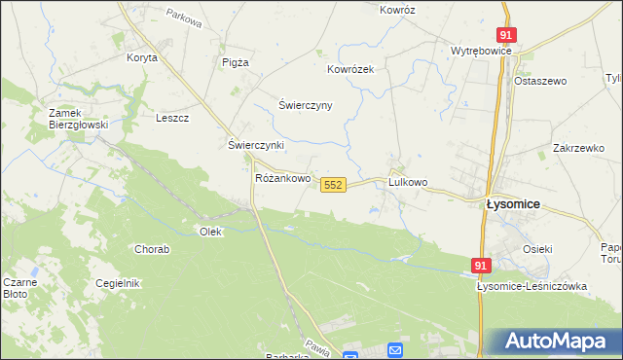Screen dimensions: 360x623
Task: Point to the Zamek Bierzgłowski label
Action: click(x=80, y=119)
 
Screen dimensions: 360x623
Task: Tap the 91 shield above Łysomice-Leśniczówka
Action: click(x=482, y=265)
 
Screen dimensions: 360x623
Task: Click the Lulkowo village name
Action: click(x=408, y=182)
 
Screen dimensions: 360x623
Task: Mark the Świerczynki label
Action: click(x=255, y=145)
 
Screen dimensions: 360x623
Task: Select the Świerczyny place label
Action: click(x=306, y=105)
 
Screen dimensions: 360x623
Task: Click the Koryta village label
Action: click(x=142, y=57)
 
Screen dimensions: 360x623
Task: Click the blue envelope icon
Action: click(x=395, y=349)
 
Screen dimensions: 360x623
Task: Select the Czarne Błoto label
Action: click(x=19, y=287)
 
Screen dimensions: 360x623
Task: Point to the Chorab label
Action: click(x=153, y=249)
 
